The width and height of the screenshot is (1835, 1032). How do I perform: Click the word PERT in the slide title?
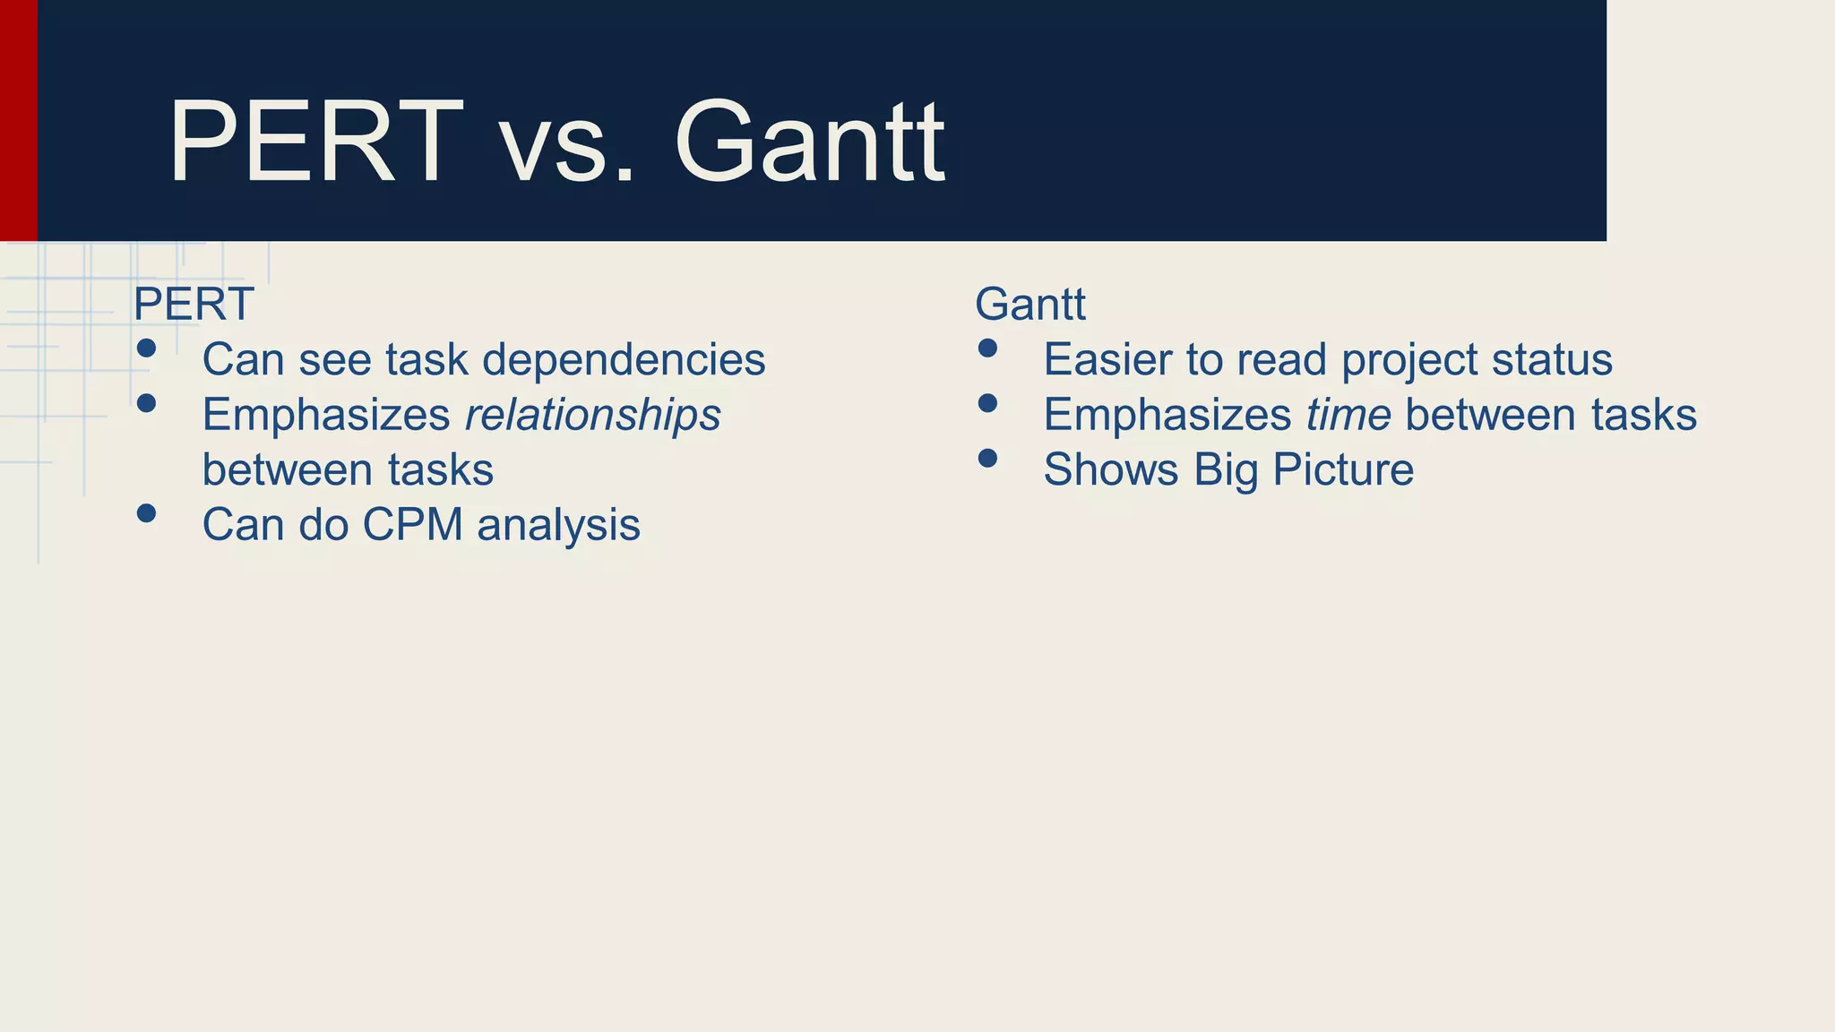[315, 142]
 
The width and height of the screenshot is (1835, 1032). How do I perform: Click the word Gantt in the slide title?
[809, 142]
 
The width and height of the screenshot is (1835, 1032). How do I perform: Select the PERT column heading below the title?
[194, 305]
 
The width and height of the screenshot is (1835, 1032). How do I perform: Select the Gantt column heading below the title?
[1030, 305]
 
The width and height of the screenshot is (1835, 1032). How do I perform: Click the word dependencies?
[624, 360]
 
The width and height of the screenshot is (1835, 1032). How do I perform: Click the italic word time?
[1348, 415]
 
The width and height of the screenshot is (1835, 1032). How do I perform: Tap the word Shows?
[1110, 470]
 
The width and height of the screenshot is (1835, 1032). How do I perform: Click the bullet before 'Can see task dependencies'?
[147, 348]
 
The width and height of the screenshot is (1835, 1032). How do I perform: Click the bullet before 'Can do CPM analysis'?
[147, 513]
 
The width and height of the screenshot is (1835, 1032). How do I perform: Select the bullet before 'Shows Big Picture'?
[987, 459]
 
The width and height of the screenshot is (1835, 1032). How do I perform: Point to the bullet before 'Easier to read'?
[987, 348]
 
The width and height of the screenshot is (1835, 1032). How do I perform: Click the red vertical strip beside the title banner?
[18, 120]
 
